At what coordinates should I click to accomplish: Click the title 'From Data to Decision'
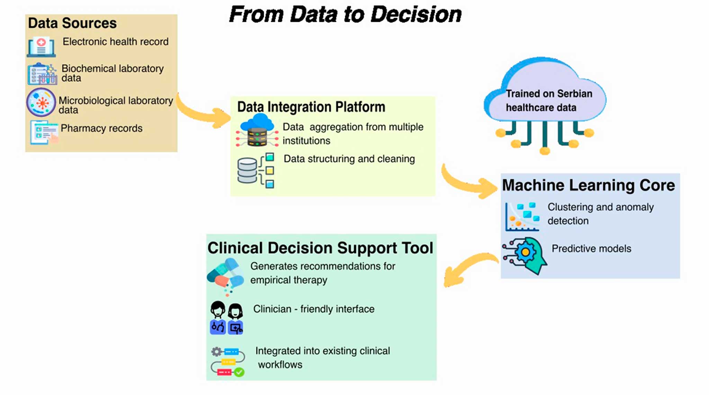[345, 15]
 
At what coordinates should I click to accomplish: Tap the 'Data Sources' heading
[72, 23]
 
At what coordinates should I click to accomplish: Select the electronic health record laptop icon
[41, 47]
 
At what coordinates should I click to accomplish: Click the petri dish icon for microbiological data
[41, 102]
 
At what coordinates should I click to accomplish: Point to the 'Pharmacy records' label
[101, 128]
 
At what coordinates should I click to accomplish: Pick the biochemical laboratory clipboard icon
[42, 74]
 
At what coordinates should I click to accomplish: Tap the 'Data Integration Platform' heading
[311, 107]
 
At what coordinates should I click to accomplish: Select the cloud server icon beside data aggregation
[257, 130]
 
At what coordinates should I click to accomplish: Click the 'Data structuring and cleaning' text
[349, 159]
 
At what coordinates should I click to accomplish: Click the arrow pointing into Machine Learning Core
[469, 184]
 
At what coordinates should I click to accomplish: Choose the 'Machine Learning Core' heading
[589, 185]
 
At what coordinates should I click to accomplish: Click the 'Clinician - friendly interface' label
[314, 309]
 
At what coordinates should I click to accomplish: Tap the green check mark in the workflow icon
[239, 372]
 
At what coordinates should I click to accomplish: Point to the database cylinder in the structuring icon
[247, 170]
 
